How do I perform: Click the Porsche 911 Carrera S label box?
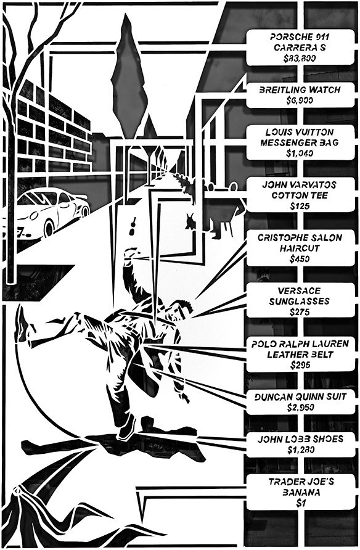point(300,47)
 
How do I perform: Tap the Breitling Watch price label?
point(300,95)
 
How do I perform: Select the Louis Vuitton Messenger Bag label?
point(300,142)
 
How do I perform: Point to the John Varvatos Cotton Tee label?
point(300,195)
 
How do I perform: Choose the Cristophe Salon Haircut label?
point(300,248)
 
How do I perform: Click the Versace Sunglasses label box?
point(300,301)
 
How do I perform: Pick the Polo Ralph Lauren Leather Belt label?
point(300,355)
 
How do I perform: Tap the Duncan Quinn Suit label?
point(300,402)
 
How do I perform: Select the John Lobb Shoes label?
point(300,445)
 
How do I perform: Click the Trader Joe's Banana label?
point(300,492)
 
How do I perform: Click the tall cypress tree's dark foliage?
point(129,81)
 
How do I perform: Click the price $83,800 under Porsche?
point(300,58)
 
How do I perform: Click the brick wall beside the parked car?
point(52,133)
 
